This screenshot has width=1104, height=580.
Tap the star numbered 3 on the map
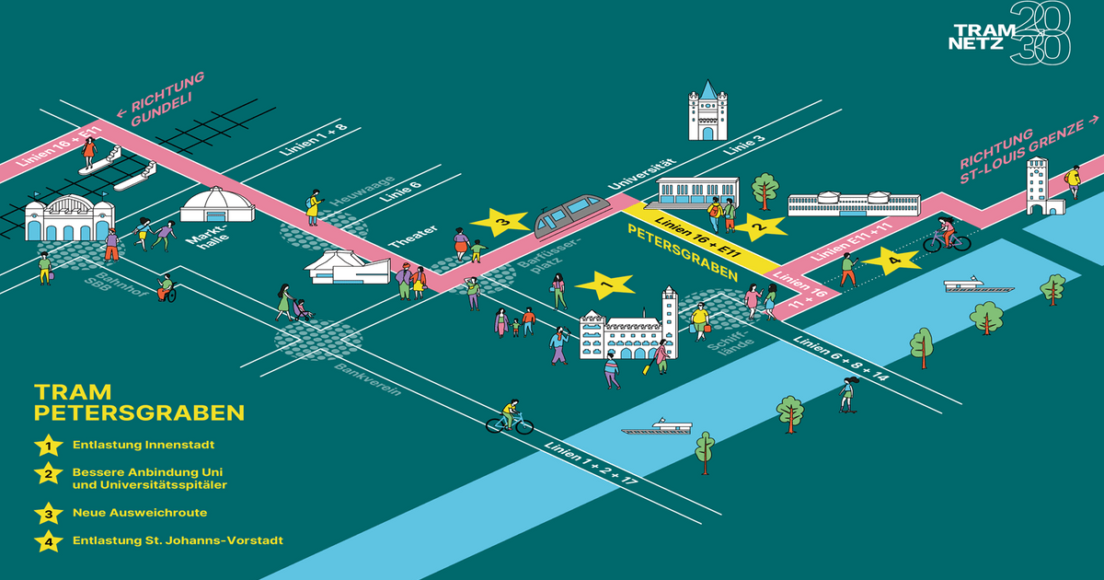[500, 222]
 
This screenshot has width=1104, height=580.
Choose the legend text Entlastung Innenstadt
[137, 446]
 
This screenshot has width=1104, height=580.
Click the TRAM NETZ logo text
[978, 36]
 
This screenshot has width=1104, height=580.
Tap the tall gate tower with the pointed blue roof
[707, 111]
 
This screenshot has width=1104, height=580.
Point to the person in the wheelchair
[166, 288]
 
